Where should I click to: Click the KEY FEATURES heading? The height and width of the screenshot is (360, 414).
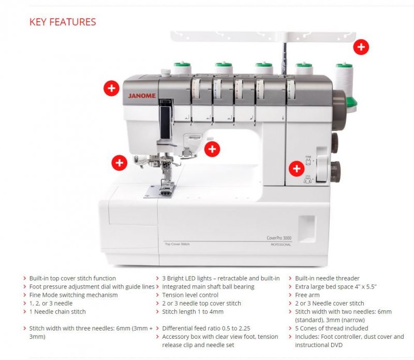tap(63, 22)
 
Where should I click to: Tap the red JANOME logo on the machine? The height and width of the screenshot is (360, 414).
tap(142, 96)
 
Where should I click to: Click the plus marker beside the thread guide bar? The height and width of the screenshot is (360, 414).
tap(361, 47)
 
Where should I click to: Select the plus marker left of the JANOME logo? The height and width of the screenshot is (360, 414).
tap(111, 88)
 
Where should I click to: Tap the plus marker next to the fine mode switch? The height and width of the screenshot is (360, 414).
tap(297, 169)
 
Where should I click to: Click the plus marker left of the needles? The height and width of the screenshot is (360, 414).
tap(120, 163)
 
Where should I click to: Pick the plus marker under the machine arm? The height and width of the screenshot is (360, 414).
tap(212, 149)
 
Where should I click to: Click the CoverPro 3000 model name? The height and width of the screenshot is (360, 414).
tap(279, 238)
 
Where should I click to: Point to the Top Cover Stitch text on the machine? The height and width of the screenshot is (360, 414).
tap(177, 244)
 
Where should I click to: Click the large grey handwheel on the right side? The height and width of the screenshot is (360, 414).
tap(339, 110)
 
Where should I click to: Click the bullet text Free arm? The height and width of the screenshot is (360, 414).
tap(307, 295)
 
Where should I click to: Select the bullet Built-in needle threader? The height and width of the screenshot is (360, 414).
tap(327, 278)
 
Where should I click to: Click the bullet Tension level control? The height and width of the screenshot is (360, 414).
tap(190, 295)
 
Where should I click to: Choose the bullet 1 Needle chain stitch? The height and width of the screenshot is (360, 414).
tap(57, 312)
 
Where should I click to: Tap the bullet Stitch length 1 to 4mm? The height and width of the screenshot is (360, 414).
tap(193, 312)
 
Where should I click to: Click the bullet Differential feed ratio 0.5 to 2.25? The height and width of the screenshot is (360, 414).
tap(206, 328)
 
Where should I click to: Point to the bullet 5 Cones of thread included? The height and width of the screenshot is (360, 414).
tap(331, 328)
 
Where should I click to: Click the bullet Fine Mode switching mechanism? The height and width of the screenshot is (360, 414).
tap(73, 295)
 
